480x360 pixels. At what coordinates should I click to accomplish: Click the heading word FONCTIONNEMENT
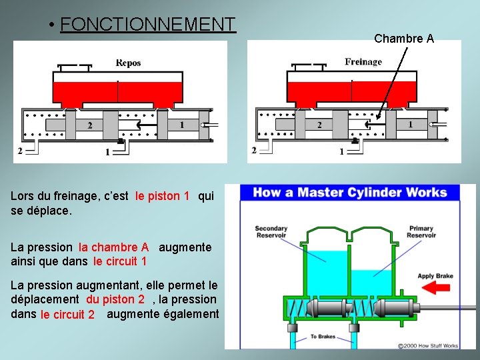coord(147,25)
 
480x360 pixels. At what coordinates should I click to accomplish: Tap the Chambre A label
coord(404,39)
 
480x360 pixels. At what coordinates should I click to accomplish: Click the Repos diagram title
coord(129,63)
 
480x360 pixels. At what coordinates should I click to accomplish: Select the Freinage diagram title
coord(363,62)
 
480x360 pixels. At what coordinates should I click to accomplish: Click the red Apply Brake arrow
coord(435,287)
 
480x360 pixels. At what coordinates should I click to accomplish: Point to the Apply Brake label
coord(435,276)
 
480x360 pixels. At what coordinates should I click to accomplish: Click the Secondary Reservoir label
coord(271,231)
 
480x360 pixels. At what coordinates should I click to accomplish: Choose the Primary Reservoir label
coord(421,231)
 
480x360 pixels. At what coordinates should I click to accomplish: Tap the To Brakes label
coord(323,337)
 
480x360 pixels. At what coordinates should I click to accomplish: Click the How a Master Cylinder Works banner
coord(350,193)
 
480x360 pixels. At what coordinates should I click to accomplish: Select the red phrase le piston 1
coord(162,196)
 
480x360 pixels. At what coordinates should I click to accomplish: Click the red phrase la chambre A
coord(113,247)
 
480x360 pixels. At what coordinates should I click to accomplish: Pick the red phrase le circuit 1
coord(120,261)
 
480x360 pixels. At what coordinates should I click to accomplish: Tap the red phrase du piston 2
coord(115,299)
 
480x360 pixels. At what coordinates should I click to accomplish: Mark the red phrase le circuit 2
coord(67,315)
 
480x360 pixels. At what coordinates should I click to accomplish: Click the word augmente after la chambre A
coord(185,247)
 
